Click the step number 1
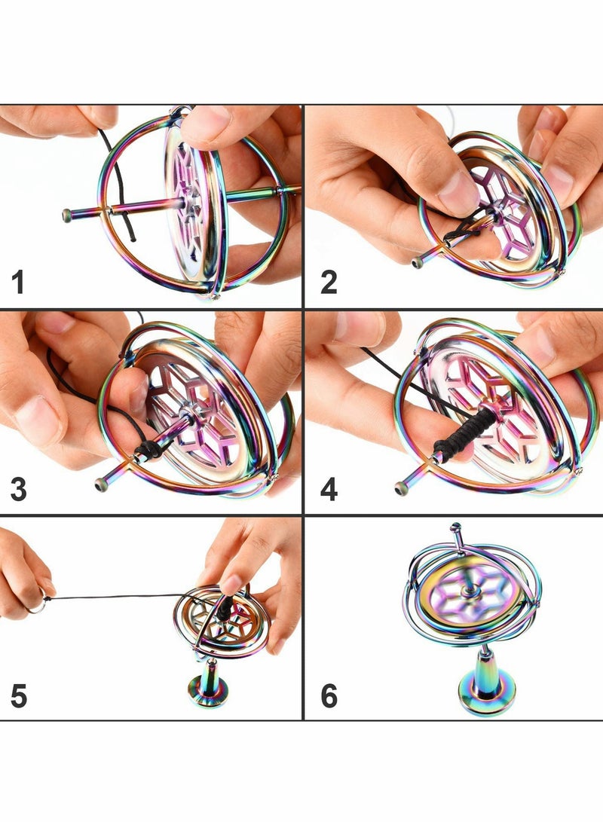[18, 283]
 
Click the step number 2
[329, 283]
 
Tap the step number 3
[19, 490]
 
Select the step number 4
[329, 490]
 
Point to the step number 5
[19, 696]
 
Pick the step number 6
[329, 696]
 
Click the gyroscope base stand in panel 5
[210, 686]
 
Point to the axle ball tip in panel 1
[67, 215]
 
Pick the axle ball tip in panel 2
[417, 262]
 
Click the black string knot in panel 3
[148, 450]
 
